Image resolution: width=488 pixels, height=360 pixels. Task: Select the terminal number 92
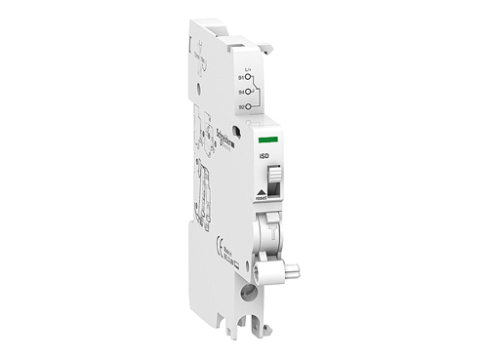click(240, 106)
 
